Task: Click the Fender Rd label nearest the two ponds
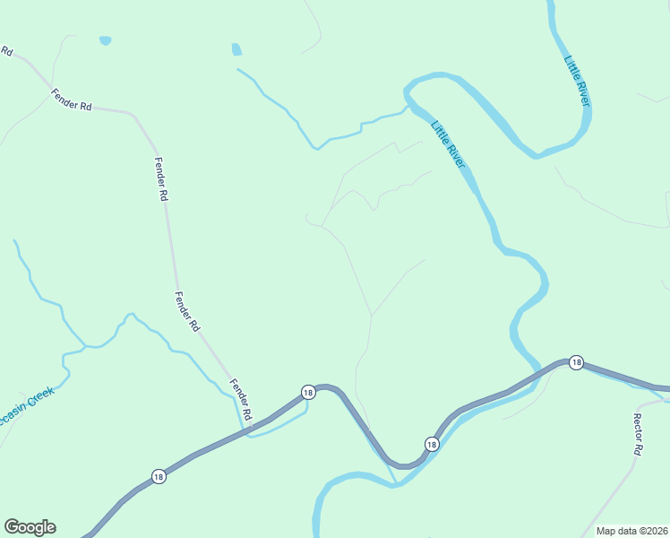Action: [72, 100]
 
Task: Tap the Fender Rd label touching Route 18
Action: [241, 400]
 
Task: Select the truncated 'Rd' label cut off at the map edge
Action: [6, 51]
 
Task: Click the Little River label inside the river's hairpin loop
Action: [578, 82]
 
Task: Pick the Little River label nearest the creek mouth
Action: [449, 144]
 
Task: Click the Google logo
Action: [30, 527]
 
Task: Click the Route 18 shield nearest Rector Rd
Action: [576, 362]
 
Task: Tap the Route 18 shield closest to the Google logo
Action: [159, 476]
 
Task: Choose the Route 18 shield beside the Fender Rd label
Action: [308, 392]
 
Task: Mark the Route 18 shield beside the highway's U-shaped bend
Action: [431, 444]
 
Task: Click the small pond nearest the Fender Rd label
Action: [106, 41]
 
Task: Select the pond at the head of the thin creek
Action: [236, 50]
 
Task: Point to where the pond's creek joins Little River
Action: [408, 107]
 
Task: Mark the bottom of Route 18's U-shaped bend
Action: [405, 464]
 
